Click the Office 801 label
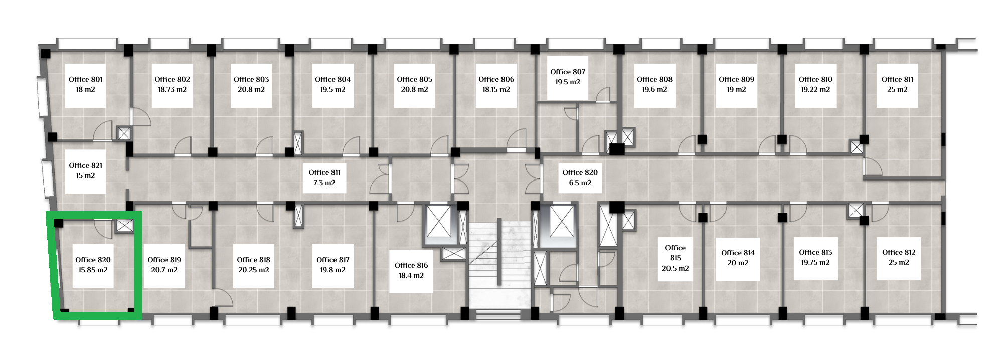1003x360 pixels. point(86,79)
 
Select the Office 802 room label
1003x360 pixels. point(172,79)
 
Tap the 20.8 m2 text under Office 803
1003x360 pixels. point(251,90)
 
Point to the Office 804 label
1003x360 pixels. point(333,79)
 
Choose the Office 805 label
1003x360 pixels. point(415,79)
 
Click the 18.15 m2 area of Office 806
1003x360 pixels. point(496,90)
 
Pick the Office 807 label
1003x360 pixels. point(568,72)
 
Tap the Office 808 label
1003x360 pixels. point(655,79)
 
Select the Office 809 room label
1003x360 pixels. point(736,79)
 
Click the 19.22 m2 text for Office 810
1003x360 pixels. point(815,90)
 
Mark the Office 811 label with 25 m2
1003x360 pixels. point(897,79)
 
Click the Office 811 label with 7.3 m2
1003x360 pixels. point(324,172)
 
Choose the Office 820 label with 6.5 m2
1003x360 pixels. point(580,172)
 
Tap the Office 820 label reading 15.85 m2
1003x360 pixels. point(93,260)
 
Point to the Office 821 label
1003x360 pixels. point(86,165)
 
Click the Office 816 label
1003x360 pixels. point(411,265)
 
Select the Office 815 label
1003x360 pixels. point(676,253)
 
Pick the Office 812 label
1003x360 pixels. point(899,252)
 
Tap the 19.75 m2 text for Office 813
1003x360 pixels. point(815,263)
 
